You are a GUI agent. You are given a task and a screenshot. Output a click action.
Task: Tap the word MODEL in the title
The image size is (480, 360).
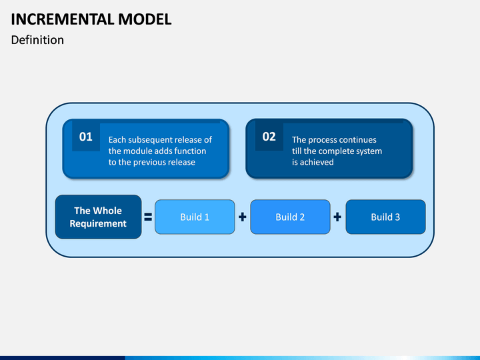[145, 19]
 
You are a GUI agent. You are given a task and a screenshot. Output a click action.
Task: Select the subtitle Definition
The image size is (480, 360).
[37, 40]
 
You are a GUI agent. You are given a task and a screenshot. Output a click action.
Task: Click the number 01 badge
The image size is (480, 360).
[86, 137]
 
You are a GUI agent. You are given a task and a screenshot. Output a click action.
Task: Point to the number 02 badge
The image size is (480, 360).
[269, 137]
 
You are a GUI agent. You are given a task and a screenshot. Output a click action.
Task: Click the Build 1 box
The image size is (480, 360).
[195, 217]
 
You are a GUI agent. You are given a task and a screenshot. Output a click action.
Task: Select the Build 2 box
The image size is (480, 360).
[290, 217]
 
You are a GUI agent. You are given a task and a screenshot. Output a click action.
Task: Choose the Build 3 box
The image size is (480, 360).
[386, 217]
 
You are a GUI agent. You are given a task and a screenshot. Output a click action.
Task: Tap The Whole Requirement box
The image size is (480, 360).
[98, 217]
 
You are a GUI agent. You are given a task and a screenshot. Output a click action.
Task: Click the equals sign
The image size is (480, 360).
[148, 217]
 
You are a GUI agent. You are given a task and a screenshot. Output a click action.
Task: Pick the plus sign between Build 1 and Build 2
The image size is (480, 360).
[243, 217]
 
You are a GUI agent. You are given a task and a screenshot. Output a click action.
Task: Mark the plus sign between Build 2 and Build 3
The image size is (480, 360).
[337, 217]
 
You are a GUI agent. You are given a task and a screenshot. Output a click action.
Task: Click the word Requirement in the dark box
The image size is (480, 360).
[98, 224]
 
